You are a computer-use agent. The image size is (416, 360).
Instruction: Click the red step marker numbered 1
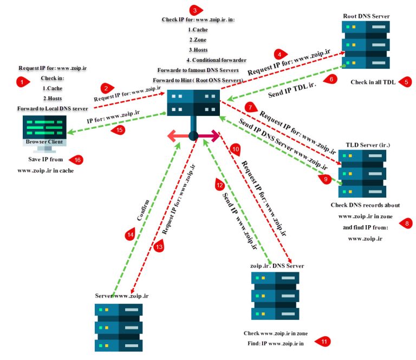click(x=22, y=82)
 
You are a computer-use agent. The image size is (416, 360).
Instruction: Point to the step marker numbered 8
click(x=406, y=223)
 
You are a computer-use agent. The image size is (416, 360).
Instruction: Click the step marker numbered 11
click(x=323, y=342)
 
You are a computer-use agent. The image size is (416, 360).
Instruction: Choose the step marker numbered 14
click(x=130, y=235)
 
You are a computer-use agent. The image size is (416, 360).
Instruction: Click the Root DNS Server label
click(x=366, y=16)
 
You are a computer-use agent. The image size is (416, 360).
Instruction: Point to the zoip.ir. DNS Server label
click(x=276, y=266)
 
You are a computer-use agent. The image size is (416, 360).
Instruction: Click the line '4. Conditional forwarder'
click(x=216, y=60)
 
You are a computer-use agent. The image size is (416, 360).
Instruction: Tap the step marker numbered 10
click(x=235, y=148)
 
